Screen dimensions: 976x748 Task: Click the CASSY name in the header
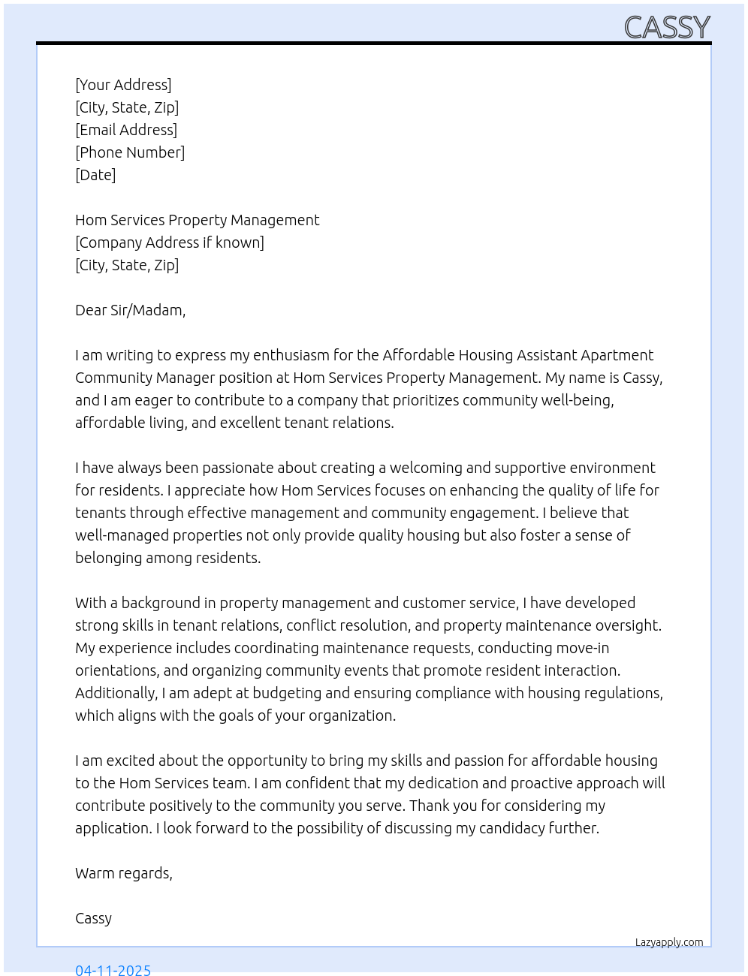pos(667,28)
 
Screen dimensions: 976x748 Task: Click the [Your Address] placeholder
pos(123,85)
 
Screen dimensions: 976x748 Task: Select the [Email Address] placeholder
pos(126,130)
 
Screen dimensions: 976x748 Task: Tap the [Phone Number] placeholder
pos(130,152)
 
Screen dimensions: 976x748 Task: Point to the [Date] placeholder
pos(95,175)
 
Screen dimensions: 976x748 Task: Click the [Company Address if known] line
pos(170,242)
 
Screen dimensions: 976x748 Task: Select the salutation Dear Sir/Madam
pos(130,310)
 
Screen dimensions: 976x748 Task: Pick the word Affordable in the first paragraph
pos(418,355)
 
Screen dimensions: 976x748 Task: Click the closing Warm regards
pos(124,873)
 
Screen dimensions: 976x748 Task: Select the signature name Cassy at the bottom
pos(93,918)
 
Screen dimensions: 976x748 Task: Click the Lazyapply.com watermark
pos(669,942)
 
